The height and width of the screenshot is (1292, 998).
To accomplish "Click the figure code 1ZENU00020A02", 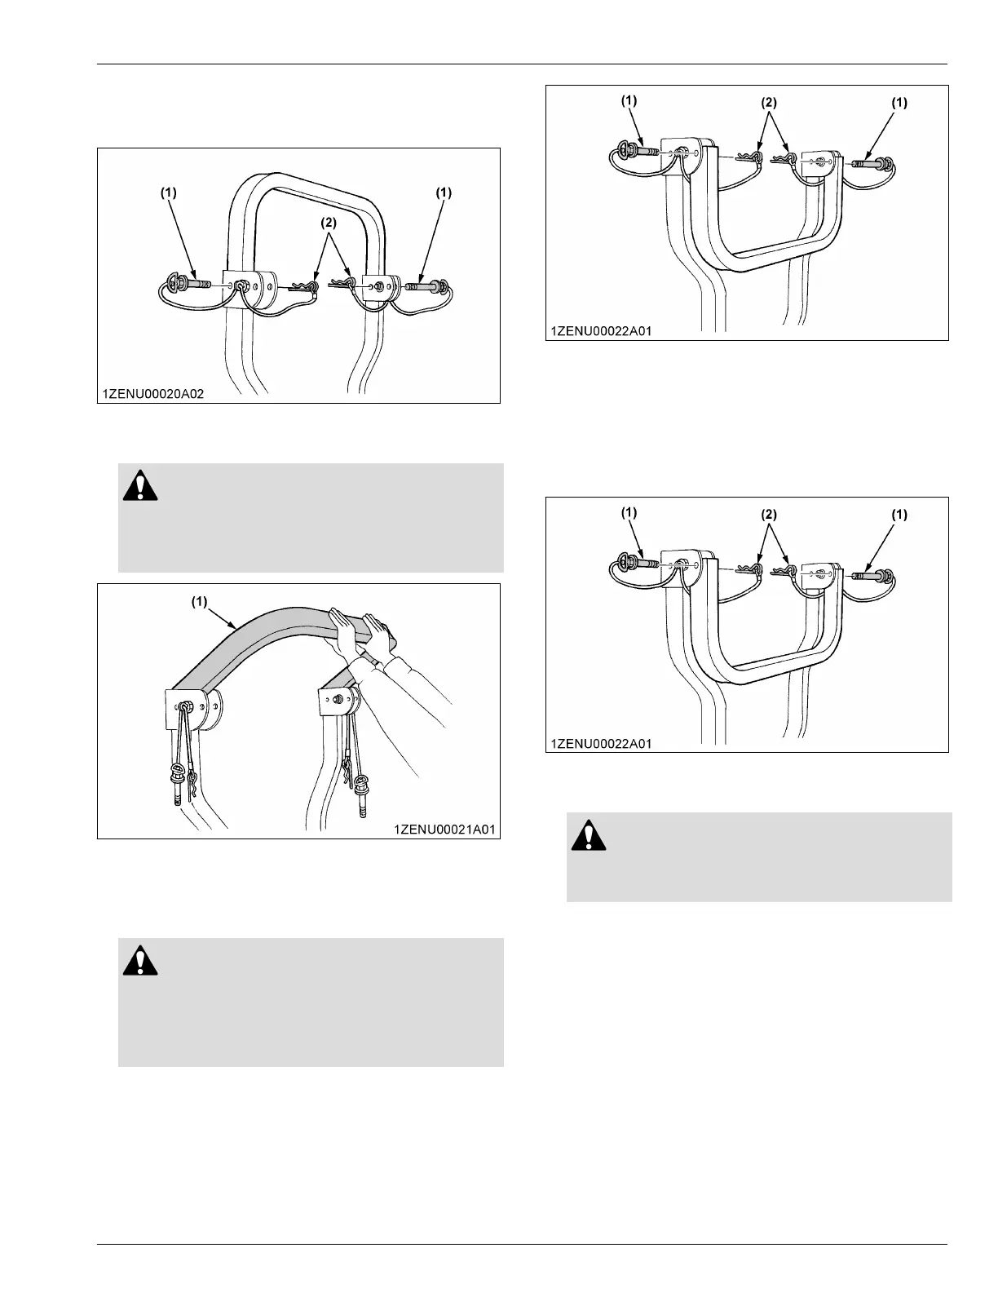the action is pos(152,393).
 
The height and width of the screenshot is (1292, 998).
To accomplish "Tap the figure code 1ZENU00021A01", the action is pos(444,829).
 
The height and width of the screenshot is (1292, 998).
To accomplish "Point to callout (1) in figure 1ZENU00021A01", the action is pos(200,602).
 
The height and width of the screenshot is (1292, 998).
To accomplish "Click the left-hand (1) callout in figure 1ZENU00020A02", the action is pos(168,192).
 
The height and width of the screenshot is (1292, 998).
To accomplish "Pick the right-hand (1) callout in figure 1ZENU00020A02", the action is pos(443,192).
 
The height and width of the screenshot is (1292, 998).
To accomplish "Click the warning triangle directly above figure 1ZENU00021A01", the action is pos(140,486).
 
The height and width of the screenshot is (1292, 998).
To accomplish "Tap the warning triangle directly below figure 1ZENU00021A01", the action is pos(140,961).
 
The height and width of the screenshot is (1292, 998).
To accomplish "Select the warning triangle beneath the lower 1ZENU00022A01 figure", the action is pos(589,834).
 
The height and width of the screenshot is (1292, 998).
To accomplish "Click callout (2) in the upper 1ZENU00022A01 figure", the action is pos(769,104).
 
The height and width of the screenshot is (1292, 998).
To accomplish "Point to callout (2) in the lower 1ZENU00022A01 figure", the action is pos(769,515).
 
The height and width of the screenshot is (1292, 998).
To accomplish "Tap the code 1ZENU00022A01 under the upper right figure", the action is pos(601,331).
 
